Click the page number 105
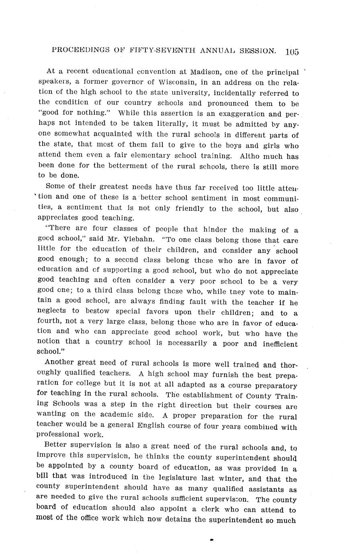[x=292, y=52]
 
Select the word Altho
[x=245, y=156]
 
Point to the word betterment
[x=117, y=166]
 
